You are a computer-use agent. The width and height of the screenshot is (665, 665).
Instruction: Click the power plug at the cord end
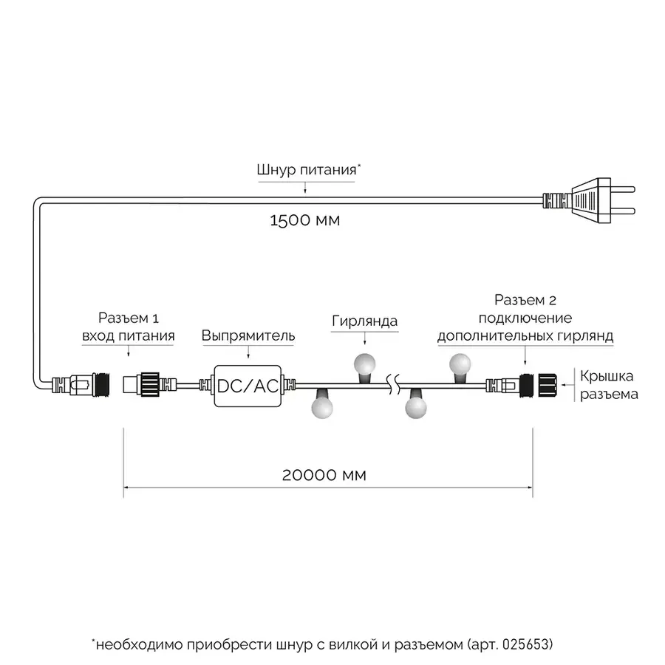pos(591,199)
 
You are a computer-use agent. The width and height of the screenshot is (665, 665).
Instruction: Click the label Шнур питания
pos(305,169)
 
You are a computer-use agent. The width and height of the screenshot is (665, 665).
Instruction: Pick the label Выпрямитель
pos(248,336)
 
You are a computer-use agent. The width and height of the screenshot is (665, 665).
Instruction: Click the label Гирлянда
pos(364,321)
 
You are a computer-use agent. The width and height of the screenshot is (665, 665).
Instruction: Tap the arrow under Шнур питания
pos(305,188)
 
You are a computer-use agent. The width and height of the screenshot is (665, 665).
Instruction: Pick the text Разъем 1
pos(128,319)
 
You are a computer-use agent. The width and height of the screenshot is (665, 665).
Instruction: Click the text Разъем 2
pos(525,301)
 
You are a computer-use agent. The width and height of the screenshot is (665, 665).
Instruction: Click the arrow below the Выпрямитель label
pos(248,355)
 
